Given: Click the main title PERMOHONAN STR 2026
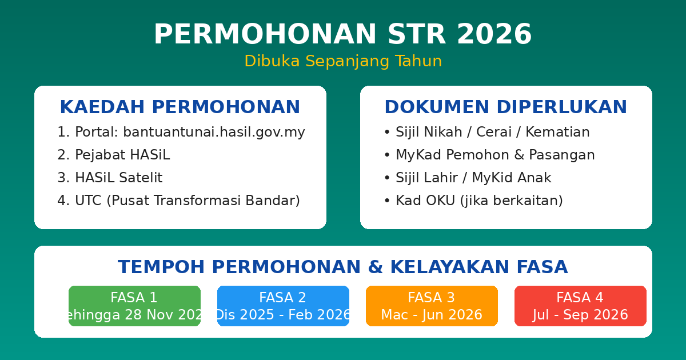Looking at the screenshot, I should [342, 35].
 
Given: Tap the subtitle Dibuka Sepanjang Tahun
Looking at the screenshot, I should [343, 61].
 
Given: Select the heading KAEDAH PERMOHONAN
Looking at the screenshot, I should [180, 107].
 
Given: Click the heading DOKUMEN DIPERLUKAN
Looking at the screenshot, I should [505, 107].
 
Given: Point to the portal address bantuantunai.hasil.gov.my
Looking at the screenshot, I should [214, 133].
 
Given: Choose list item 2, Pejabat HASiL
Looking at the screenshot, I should [114, 155].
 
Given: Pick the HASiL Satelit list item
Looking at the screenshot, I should [110, 178].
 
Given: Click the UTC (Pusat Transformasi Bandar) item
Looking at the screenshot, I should [178, 201].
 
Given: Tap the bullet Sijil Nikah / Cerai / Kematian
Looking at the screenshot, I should [486, 133].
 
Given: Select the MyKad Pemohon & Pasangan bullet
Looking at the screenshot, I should [489, 155].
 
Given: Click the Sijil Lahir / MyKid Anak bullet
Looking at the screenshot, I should [468, 178].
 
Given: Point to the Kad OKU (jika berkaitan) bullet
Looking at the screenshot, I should [473, 201].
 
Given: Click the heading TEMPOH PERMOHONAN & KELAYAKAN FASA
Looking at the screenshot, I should [343, 267].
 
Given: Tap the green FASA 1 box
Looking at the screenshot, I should [134, 306].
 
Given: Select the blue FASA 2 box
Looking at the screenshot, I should [283, 306].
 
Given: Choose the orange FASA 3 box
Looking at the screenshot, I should [432, 306].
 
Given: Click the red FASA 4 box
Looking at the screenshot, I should [580, 306].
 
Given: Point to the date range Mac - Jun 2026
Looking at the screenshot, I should [432, 315].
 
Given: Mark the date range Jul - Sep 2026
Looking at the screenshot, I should [580, 315].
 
